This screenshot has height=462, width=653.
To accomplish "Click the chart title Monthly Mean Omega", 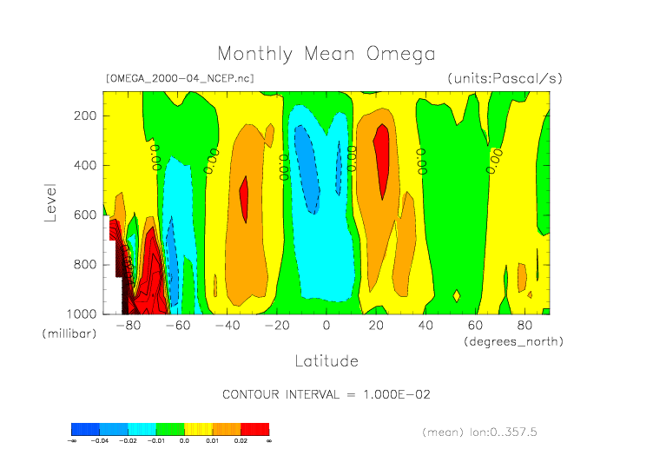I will [x=326, y=54].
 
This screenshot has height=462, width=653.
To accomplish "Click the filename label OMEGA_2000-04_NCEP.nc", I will [x=179, y=78].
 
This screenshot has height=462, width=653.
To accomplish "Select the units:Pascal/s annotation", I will [x=505, y=78].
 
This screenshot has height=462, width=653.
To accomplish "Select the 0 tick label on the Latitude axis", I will [x=326, y=326].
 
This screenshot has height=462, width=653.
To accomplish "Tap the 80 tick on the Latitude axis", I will [x=524, y=326].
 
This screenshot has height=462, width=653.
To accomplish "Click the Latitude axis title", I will [x=326, y=360].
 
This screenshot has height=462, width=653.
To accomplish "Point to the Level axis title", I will [x=50, y=201].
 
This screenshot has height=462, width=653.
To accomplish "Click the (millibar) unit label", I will [x=67, y=333].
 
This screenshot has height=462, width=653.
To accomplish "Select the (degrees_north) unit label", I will [x=513, y=341].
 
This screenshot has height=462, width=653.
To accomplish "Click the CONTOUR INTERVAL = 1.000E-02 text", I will [x=326, y=394].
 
